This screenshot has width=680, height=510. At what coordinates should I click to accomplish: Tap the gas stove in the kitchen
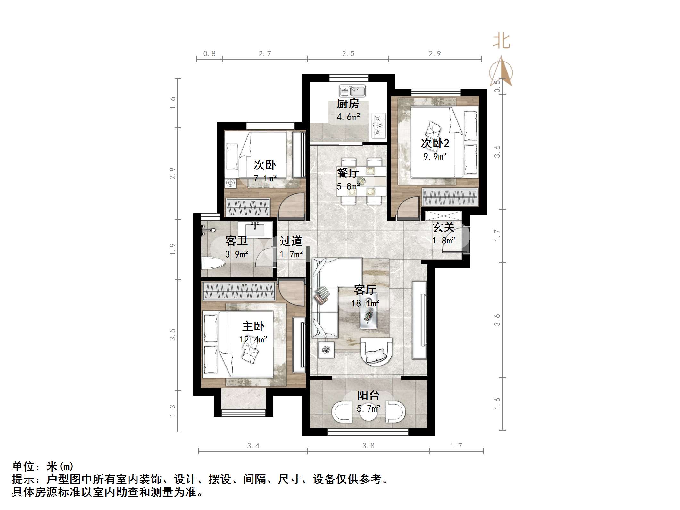click(x=378, y=125)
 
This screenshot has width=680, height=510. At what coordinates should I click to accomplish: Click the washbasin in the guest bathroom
click(x=255, y=229)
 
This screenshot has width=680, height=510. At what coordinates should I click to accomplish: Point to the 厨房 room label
click(x=348, y=104)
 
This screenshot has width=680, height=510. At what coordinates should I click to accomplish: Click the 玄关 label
click(x=444, y=227)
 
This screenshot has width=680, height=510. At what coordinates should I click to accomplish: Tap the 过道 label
click(x=291, y=241)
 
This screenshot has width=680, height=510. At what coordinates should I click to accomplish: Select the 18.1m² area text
click(x=365, y=303)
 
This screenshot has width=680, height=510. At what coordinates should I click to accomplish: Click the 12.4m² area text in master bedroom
click(x=253, y=339)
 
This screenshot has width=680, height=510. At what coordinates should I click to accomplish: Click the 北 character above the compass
click(x=502, y=42)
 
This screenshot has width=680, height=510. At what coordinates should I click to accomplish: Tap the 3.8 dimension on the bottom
click(x=368, y=446)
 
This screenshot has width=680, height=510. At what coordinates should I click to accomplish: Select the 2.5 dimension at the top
click(x=348, y=54)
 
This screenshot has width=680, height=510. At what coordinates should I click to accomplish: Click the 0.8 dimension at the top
click(x=209, y=54)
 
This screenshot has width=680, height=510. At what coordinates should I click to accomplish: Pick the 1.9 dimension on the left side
click(x=172, y=249)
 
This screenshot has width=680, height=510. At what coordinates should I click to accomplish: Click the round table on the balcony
click(x=368, y=413)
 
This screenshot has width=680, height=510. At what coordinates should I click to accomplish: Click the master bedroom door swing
click(x=290, y=293)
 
